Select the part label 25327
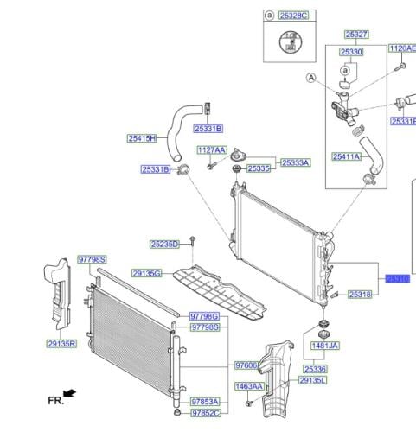[357, 35]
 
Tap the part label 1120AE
[401, 48]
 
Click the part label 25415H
[142, 138]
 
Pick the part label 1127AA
[212, 150]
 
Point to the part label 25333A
[294, 162]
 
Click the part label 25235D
[164, 245]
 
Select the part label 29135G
[147, 274]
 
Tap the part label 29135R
[62, 343]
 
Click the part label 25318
[361, 295]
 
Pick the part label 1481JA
[326, 346]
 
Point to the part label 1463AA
[249, 386]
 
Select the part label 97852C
[206, 413]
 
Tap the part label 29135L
[313, 380]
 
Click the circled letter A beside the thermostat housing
[310, 77]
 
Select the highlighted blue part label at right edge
[397, 279]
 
